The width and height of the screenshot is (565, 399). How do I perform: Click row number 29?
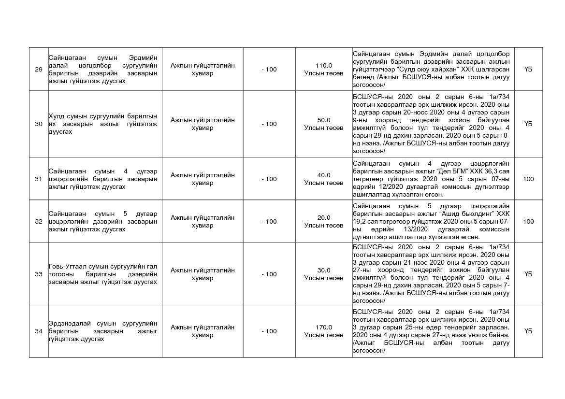click(x=39, y=70)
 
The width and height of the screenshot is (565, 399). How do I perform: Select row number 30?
click(x=39, y=124)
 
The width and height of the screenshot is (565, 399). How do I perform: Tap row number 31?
click(x=39, y=179)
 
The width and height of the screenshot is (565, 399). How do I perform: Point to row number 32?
click(x=39, y=222)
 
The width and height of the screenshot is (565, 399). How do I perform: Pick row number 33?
click(x=39, y=274)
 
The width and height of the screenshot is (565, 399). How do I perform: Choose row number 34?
click(x=39, y=331)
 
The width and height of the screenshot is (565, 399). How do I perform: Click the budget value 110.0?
click(x=324, y=66)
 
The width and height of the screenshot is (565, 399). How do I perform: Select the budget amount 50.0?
click(x=324, y=120)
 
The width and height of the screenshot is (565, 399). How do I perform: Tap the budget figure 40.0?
click(x=324, y=175)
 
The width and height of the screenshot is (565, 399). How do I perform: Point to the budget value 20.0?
click(x=324, y=218)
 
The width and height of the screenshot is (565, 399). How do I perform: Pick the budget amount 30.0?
click(x=324, y=271)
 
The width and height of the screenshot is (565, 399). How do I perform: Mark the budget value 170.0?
click(x=324, y=328)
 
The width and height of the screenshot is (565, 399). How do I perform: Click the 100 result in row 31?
click(x=528, y=179)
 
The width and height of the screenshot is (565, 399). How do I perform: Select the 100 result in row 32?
click(x=528, y=222)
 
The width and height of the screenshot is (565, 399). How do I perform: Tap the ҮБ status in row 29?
click(x=528, y=70)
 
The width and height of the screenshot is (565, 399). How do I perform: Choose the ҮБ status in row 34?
click(x=528, y=331)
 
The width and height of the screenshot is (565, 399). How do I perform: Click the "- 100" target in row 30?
click(x=269, y=124)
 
